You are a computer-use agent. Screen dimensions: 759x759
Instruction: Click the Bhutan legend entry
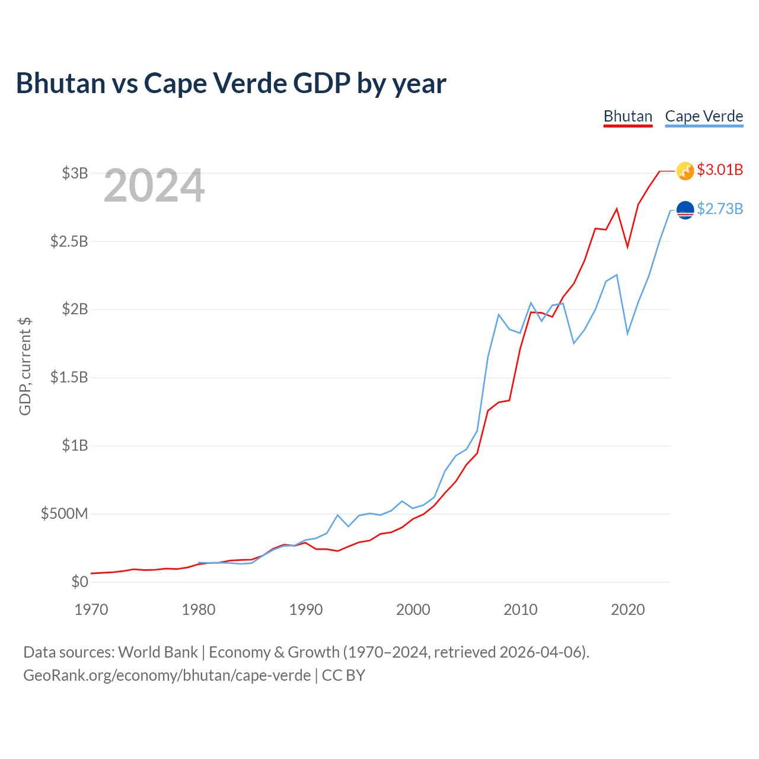(628, 117)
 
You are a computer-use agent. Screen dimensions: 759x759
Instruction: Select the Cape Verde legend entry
(704, 117)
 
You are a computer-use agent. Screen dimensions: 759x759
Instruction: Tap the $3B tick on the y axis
(75, 173)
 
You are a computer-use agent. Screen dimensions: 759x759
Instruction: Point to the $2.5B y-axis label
(69, 241)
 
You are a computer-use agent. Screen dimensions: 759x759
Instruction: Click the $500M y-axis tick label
(64, 514)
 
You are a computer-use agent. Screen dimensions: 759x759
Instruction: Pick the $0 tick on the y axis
(79, 582)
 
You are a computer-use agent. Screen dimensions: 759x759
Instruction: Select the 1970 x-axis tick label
(91, 610)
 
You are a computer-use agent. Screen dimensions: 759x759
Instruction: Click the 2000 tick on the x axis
(413, 610)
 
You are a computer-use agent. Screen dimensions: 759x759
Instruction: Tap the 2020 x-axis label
(627, 610)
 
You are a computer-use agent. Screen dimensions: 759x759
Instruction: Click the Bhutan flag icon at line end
(685, 171)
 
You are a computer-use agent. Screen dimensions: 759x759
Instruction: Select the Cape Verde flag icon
(685, 210)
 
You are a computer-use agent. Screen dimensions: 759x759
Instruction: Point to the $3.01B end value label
(720, 170)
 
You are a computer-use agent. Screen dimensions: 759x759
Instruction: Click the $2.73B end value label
(720, 209)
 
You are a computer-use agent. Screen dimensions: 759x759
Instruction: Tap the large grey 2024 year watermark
(154, 185)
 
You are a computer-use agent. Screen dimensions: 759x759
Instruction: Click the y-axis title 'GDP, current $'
(25, 366)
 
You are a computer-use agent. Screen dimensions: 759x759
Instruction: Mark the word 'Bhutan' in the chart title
(60, 83)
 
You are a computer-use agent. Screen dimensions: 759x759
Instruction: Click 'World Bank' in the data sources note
(158, 652)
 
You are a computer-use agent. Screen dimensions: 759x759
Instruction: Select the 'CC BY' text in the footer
(343, 675)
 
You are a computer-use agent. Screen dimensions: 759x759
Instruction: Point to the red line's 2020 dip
(627, 247)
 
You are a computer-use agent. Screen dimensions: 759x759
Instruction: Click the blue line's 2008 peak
(499, 314)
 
